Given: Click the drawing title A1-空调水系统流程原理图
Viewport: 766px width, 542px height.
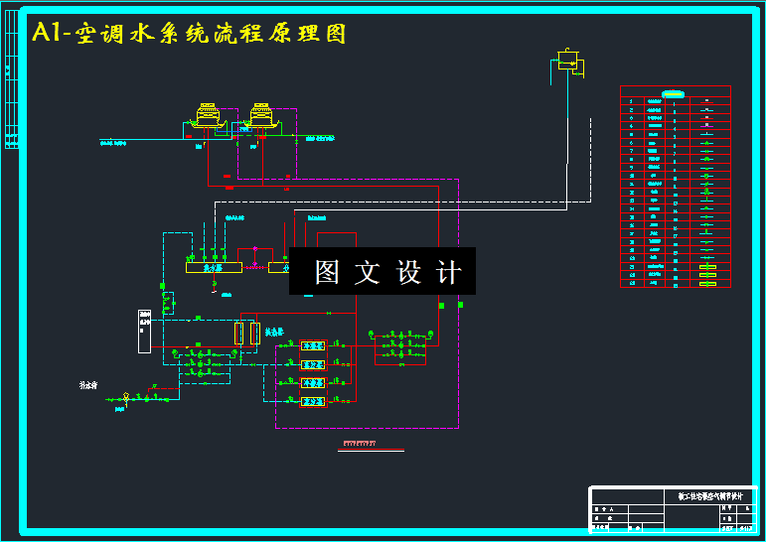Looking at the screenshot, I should pos(189,33).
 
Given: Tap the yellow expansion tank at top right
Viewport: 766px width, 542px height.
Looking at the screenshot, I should pos(568,59).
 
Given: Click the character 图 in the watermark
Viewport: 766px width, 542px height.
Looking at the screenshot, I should pos(328,272).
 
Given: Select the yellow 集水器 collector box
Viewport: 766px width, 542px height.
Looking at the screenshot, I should pos(214,266).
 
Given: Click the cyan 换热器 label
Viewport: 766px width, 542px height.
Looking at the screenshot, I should pos(274,332).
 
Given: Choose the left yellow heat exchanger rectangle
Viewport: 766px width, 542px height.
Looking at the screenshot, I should pos(238,333).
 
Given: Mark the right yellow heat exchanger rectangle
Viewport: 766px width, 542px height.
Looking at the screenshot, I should pos(255,333).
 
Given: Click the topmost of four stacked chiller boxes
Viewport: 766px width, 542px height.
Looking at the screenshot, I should pos(313,344).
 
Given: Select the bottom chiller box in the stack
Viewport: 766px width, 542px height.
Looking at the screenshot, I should pos(313,401).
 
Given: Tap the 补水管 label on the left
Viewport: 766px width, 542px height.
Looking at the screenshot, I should pos(88,383).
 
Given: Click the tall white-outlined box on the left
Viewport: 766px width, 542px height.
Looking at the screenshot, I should pos(144,332).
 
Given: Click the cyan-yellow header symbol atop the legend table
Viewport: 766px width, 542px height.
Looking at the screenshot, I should pos(674,93).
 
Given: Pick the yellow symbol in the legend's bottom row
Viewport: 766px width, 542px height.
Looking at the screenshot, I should pos(707,284).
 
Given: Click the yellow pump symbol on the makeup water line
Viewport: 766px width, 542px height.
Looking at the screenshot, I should pos(127,399).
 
